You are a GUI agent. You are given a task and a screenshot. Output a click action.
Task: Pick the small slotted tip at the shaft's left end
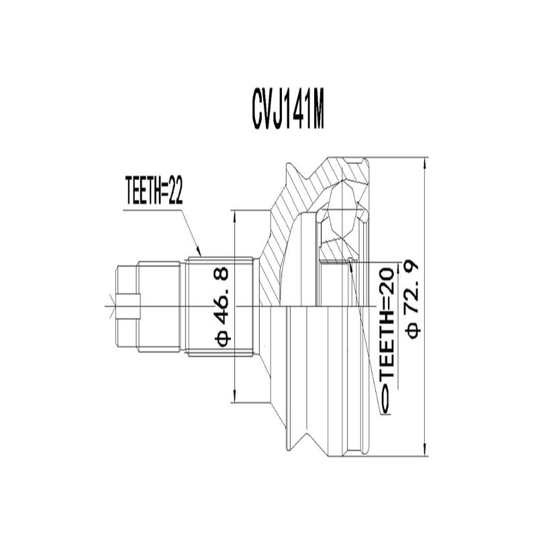click(127, 306)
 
